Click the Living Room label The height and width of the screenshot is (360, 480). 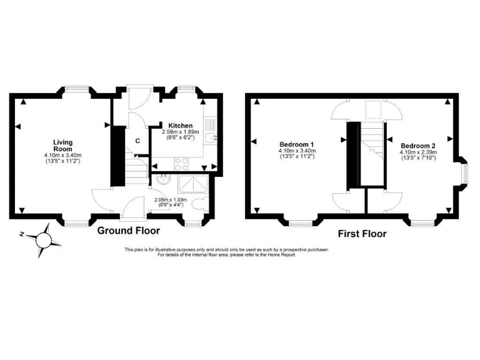pyautogui.click(x=62, y=146)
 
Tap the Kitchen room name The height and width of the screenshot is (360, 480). pyautogui.click(x=181, y=126)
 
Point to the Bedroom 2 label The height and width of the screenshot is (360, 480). pyautogui.click(x=418, y=146)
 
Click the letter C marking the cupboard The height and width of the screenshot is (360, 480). pyautogui.click(x=137, y=141)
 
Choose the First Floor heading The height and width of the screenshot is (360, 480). pyautogui.click(x=362, y=234)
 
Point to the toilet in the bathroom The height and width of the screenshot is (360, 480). pyautogui.click(x=199, y=204)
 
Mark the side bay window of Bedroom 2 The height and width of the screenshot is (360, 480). pyautogui.click(x=462, y=173)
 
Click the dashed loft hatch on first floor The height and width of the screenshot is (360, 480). pyautogui.click(x=372, y=110)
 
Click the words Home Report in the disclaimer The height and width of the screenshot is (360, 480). pyautogui.click(x=281, y=255)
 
